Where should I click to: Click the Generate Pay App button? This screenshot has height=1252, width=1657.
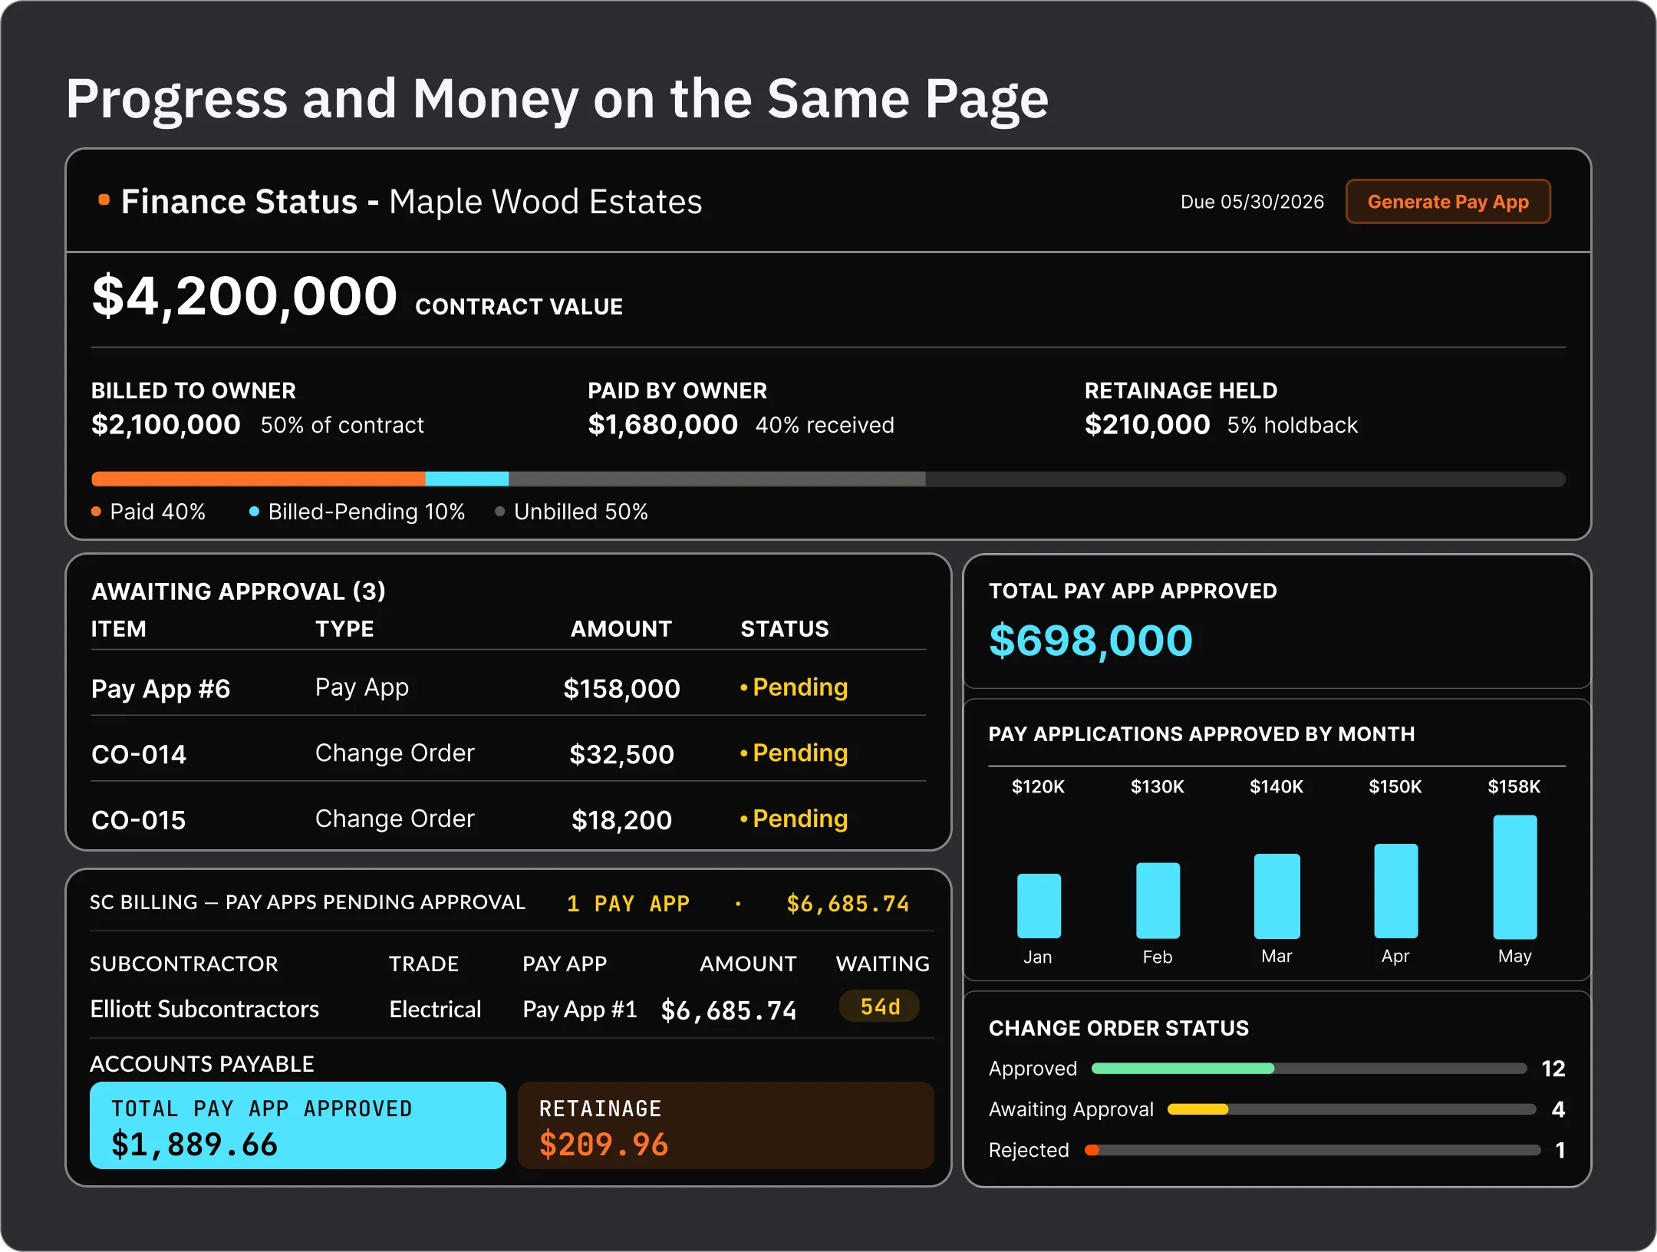[1448, 202]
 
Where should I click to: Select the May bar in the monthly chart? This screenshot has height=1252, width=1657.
[1515, 877]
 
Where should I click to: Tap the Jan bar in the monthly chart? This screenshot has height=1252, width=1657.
[1039, 906]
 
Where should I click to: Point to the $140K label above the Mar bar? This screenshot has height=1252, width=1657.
[1277, 786]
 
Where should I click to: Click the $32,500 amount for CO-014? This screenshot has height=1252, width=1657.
[621, 754]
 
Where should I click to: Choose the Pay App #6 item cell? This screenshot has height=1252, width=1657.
[160, 689]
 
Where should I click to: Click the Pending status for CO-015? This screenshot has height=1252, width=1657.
[794, 819]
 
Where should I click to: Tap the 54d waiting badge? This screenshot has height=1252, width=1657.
[880, 1007]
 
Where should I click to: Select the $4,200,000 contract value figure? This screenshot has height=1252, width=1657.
[245, 296]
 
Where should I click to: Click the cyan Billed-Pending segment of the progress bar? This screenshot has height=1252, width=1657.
[466, 479]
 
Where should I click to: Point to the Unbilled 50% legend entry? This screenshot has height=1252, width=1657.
[572, 512]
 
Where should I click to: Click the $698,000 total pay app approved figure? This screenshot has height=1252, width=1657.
[1090, 641]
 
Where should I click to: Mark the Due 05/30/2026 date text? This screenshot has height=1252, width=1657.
[1252, 202]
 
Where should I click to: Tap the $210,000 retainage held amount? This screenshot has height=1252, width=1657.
[1147, 424]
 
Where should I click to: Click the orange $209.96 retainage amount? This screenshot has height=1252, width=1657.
[604, 1145]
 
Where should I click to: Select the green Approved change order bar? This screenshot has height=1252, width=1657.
[1182, 1069]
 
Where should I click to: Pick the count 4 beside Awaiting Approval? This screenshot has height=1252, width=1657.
[1558, 1109]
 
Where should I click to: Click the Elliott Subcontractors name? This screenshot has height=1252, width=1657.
[204, 1009]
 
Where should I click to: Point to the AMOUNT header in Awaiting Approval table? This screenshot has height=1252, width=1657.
[621, 629]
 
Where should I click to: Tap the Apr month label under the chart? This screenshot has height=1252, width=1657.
[1395, 957]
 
